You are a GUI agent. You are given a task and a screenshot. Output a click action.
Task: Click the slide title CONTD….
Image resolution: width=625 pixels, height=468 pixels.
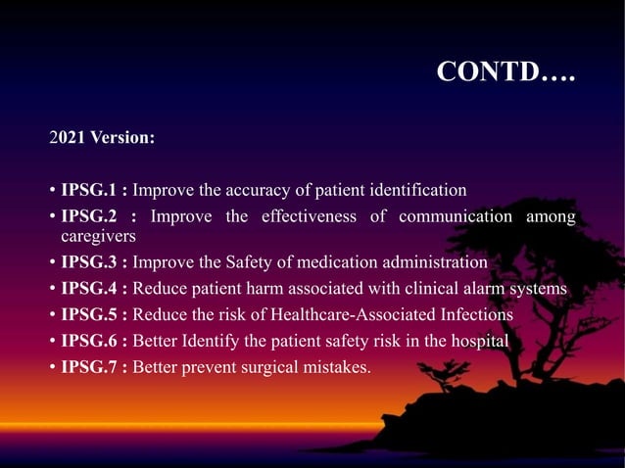pyautogui.click(x=505, y=72)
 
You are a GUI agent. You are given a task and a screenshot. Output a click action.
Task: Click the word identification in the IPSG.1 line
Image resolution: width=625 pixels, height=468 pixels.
pyautogui.click(x=416, y=189)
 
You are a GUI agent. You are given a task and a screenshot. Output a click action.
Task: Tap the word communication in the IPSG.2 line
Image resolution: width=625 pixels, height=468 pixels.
pyautogui.click(x=454, y=216)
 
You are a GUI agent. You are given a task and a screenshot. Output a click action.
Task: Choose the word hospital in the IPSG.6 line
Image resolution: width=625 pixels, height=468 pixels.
pyautogui.click(x=476, y=342)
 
